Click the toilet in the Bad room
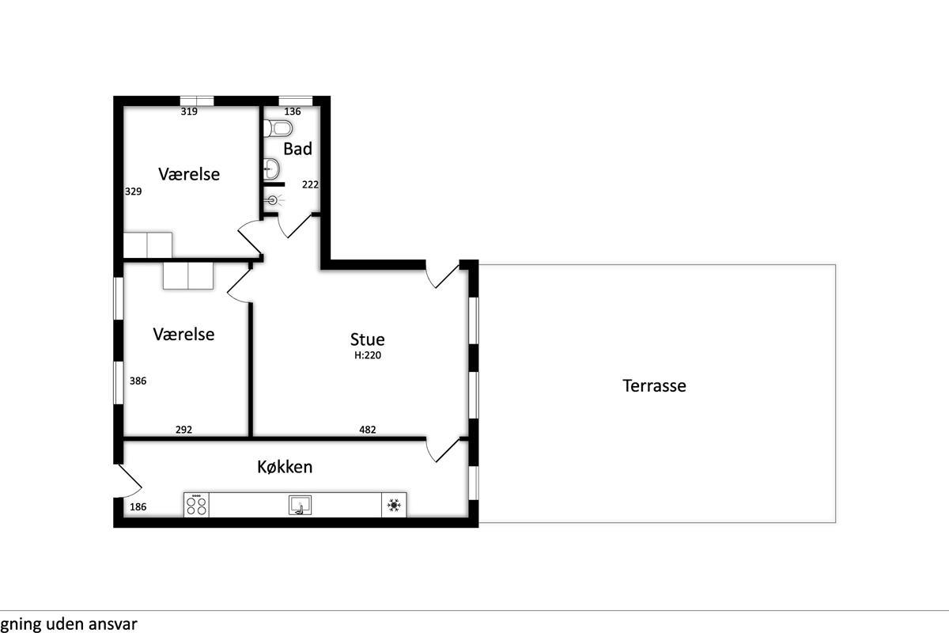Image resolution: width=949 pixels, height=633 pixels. pos(278,128)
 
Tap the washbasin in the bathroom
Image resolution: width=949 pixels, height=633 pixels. pos(271,169)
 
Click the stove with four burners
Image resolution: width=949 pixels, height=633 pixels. pos(196,505)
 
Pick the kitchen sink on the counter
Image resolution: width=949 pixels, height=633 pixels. pos(300,505)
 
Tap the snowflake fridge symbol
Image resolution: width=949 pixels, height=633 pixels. pos(394,505)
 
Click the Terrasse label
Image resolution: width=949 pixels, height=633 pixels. pos(654,386)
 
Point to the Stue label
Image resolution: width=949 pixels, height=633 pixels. pos(367,339)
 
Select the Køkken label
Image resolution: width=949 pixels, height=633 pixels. pos(285,467)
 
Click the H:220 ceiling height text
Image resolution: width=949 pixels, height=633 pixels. pos(368,355)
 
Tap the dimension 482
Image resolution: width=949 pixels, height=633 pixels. pos(367,430)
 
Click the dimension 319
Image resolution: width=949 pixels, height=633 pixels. pos(189,111)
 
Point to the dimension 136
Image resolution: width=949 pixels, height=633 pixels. pos(293,111)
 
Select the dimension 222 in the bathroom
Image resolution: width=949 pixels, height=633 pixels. pos(310,184)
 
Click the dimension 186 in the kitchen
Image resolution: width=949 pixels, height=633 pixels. pos(138,506)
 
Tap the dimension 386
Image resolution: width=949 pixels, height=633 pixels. pos(138,381)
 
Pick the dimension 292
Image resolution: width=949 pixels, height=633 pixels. pos(183,430)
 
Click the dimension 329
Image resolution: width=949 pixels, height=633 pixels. pos(134,191)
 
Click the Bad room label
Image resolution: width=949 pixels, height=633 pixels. pos(298,149)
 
